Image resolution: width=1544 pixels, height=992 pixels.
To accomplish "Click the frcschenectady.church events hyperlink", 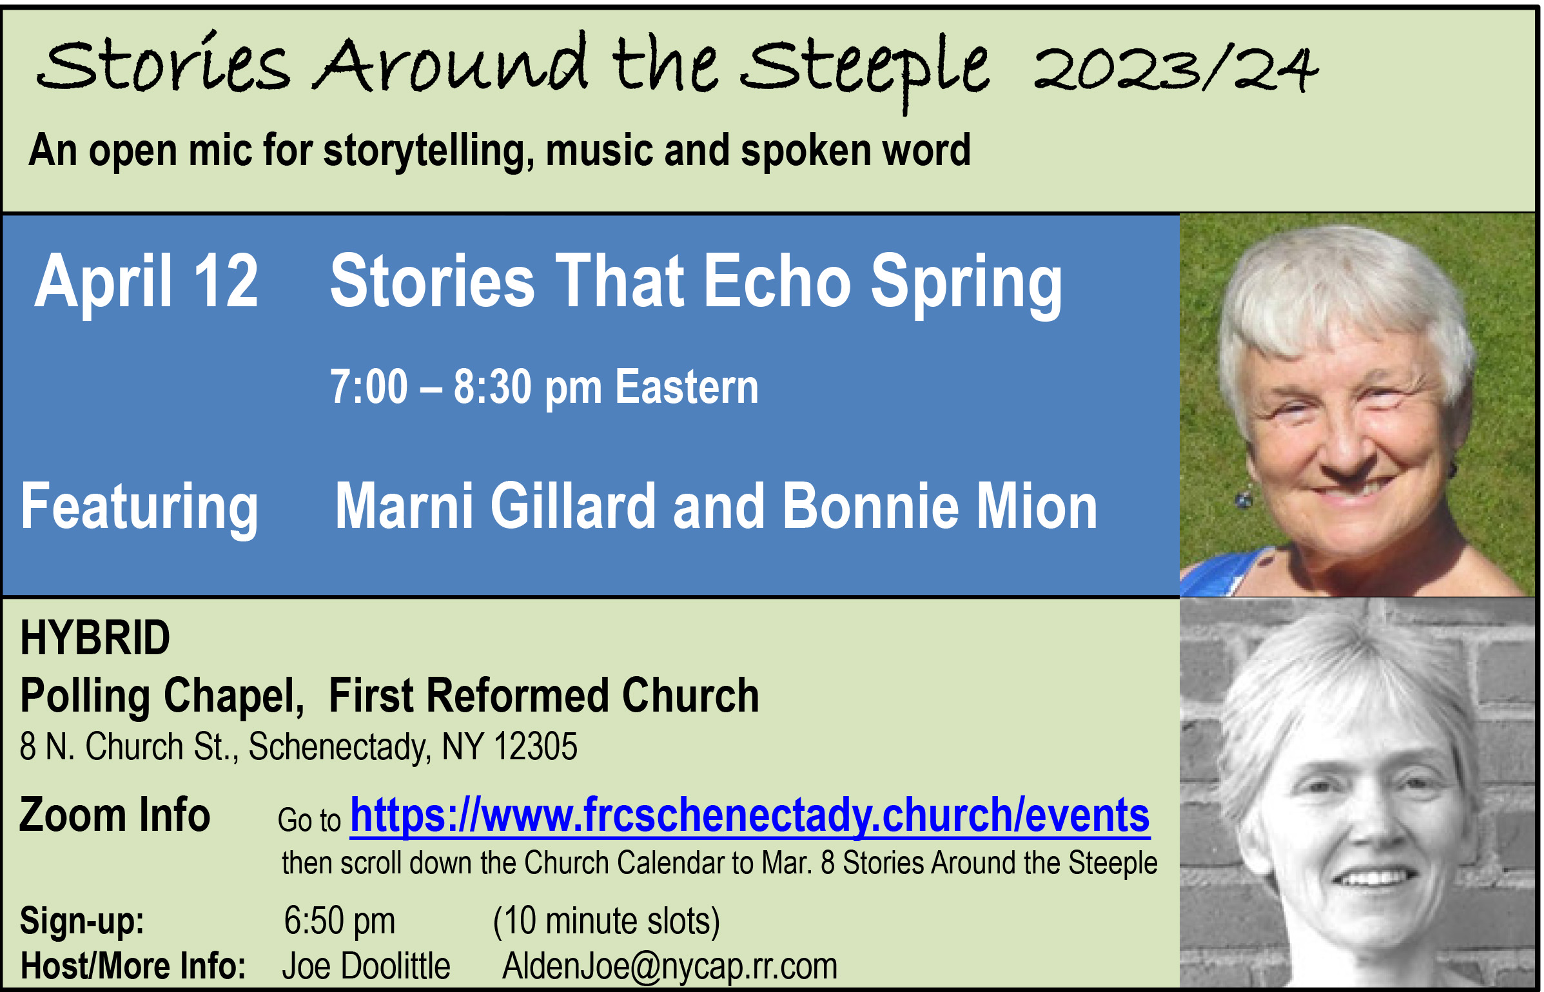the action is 750,817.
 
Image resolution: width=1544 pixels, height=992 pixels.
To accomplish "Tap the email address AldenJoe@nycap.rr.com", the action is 670,966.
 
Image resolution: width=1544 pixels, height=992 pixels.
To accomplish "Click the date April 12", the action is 146,282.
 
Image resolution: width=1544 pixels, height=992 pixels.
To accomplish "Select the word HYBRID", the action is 95,637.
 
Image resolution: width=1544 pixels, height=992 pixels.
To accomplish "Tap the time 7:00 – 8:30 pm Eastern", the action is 544,387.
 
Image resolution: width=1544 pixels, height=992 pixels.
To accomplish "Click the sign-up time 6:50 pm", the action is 340,920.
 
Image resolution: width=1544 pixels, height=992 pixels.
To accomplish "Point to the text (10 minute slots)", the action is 606,921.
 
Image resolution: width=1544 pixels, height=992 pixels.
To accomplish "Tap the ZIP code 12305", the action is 535,746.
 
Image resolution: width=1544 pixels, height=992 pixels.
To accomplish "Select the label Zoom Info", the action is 115,815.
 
